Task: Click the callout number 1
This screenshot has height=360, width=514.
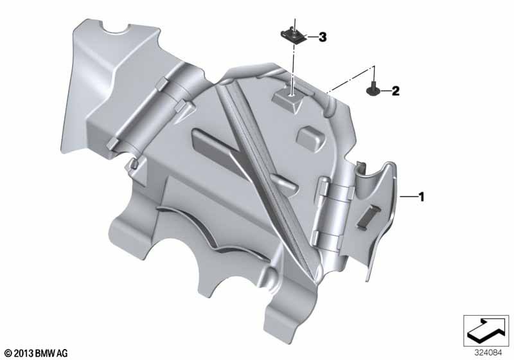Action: pos(421,197)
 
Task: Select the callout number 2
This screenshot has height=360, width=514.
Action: pos(396,91)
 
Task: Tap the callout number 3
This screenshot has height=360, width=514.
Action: pos(323,37)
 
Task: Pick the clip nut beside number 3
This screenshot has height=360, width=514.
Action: pos(294,35)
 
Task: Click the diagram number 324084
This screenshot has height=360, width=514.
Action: pos(488,353)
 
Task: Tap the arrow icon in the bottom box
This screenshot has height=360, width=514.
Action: pos(486,330)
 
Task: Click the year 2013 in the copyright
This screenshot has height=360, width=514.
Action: pos(24,354)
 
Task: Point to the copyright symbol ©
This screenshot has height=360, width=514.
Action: pos(8,354)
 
